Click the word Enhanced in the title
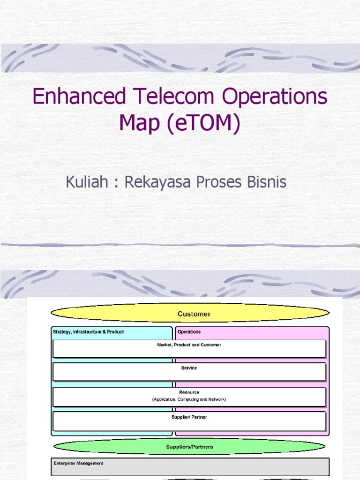click(79, 97)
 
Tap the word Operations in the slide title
click(274, 97)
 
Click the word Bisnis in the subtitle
click(266, 182)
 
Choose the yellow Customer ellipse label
click(194, 314)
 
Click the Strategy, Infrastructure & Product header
click(89, 332)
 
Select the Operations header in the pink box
click(189, 332)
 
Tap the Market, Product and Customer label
click(189, 345)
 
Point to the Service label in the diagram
click(189, 368)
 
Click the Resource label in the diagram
click(189, 392)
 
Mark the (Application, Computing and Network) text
click(189, 399)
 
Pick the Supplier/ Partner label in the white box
click(189, 417)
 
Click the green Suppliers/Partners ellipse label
click(189, 447)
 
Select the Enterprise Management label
click(78, 464)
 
